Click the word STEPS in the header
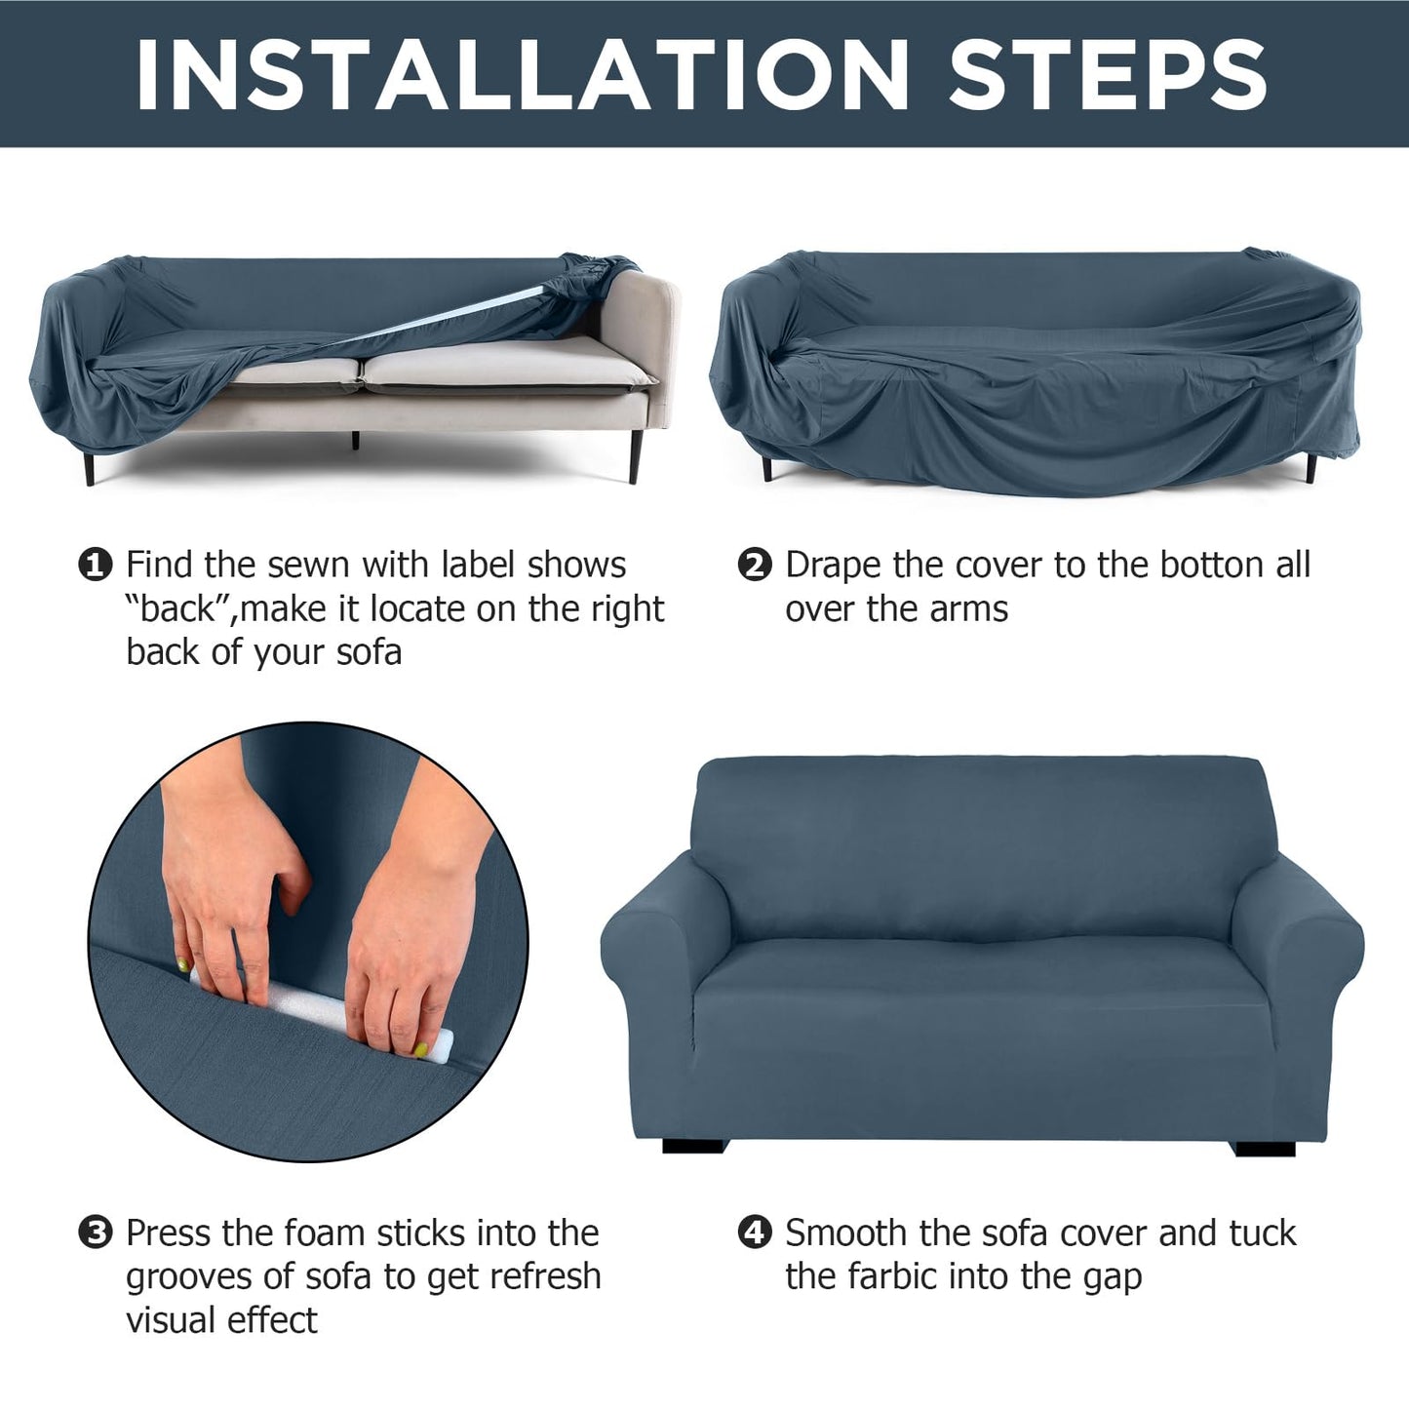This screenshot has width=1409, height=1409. click(1108, 74)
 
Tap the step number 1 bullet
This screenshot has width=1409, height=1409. click(95, 566)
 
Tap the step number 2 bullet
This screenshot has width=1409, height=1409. click(755, 566)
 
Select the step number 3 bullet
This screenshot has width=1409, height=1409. click(95, 1233)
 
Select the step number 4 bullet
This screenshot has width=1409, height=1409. click(755, 1233)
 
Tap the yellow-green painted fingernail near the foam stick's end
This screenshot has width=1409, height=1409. click(420, 1050)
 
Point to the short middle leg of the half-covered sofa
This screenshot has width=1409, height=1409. click(355, 440)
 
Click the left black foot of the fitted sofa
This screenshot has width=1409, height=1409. click(692, 1147)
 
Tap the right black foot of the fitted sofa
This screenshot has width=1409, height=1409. click(1265, 1148)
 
